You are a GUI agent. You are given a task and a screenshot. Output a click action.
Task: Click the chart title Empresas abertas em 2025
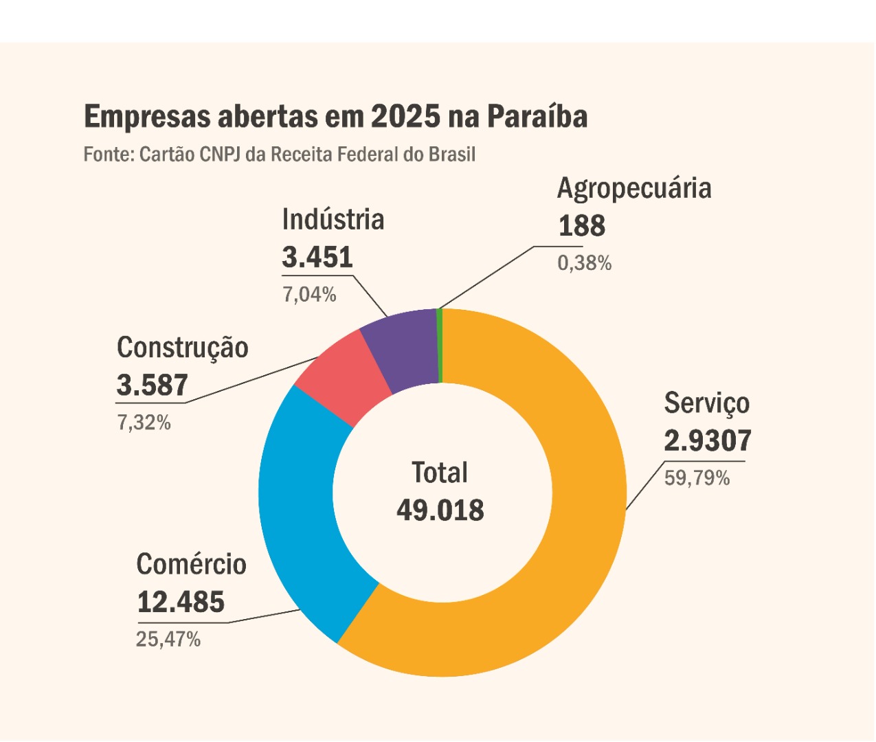pyautogui.click(x=335, y=117)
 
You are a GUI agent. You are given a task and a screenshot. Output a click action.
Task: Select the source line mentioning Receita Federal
pyautogui.click(x=279, y=154)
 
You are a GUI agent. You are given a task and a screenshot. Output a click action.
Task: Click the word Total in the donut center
pyautogui.click(x=440, y=473)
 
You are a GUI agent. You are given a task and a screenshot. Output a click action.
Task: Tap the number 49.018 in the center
pyautogui.click(x=440, y=510)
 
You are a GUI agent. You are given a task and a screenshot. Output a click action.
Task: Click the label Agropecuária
pyautogui.click(x=634, y=189)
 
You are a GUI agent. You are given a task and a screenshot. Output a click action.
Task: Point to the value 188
pyautogui.click(x=581, y=226)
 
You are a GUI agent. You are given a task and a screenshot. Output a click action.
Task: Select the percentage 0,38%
pyautogui.click(x=584, y=263)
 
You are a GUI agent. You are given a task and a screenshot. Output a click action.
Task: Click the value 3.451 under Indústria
pyautogui.click(x=317, y=258)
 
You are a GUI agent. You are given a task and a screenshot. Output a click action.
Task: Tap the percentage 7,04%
pyautogui.click(x=309, y=295)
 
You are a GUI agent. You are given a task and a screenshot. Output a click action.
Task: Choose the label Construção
pyautogui.click(x=183, y=348)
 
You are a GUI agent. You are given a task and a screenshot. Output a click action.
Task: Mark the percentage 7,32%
pyautogui.click(x=144, y=423)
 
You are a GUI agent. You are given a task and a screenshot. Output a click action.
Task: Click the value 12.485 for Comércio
pyautogui.click(x=181, y=603)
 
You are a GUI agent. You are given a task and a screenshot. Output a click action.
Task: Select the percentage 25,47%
pyautogui.click(x=168, y=640)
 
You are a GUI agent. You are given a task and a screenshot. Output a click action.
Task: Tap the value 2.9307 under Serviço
pyautogui.click(x=708, y=441)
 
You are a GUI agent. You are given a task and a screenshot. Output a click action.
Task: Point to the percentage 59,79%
pyautogui.click(x=697, y=478)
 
